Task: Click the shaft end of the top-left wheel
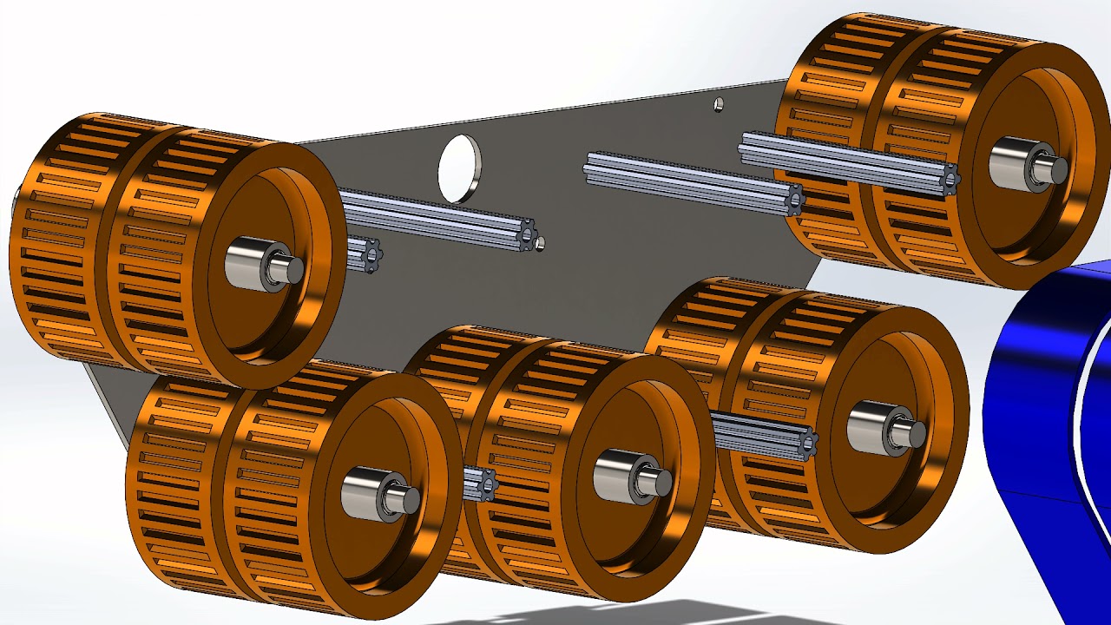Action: (293, 270)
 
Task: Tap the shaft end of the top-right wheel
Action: (1058, 170)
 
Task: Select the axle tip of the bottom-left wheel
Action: (409, 499)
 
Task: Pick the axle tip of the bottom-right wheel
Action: (912, 433)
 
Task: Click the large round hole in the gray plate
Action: (458, 168)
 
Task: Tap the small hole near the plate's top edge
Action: (718, 105)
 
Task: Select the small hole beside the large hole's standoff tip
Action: (540, 244)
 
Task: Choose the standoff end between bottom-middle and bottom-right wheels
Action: (806, 444)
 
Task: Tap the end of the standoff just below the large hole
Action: (525, 234)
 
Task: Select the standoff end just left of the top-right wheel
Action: (793, 200)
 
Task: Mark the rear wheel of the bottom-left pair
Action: (174, 486)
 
